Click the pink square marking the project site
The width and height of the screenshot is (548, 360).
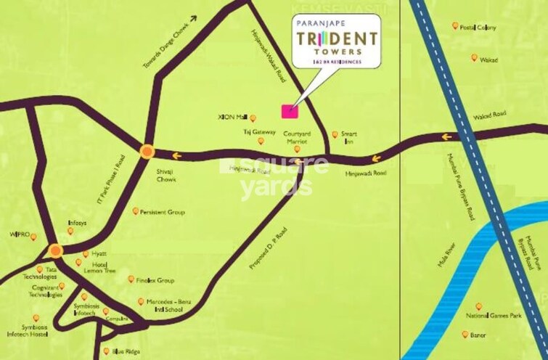[289, 110]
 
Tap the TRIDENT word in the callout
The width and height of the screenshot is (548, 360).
[335, 40]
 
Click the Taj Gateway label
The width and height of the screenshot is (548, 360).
[259, 132]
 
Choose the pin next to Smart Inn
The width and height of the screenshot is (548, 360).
[335, 134]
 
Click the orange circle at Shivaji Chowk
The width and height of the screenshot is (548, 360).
[147, 152]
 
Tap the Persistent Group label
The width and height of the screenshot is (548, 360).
[163, 212]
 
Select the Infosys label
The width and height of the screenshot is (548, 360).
[78, 224]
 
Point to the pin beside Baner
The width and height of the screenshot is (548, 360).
[465, 335]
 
